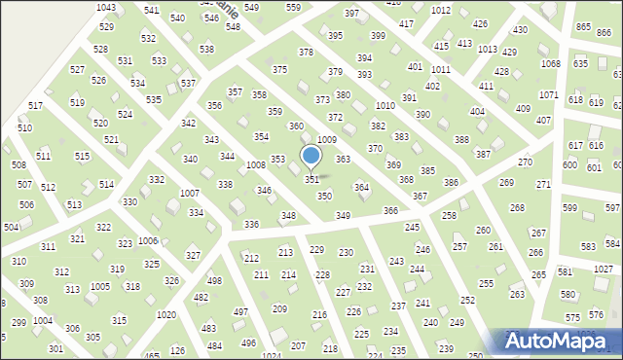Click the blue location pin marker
[311, 157]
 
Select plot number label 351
[312, 180]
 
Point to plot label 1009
[327, 141]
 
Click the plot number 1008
[256, 165]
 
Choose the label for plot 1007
[190, 194]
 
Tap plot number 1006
[148, 240]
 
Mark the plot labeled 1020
[166, 314]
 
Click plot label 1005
[99, 286]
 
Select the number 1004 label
[43, 320]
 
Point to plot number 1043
[106, 8]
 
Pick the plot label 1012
[441, 10]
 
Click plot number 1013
[488, 49]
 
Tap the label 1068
[551, 64]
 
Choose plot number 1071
[549, 94]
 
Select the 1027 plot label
[604, 269]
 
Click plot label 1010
[385, 105]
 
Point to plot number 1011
[441, 70]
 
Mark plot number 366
[390, 210]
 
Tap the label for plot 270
[525, 162]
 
